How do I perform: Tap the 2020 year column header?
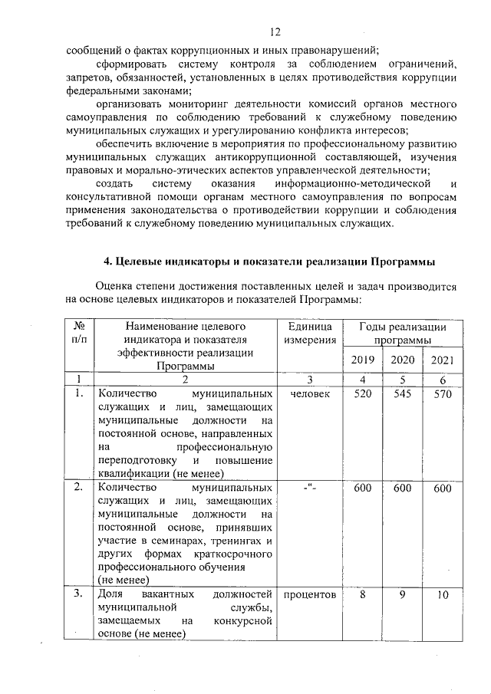[x=402, y=360]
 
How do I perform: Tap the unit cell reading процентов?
[x=310, y=595]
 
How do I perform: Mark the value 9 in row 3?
[x=402, y=594]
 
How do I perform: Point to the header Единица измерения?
[x=310, y=334]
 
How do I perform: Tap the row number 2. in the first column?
[x=78, y=488]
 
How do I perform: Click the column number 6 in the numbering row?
[x=443, y=380]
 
